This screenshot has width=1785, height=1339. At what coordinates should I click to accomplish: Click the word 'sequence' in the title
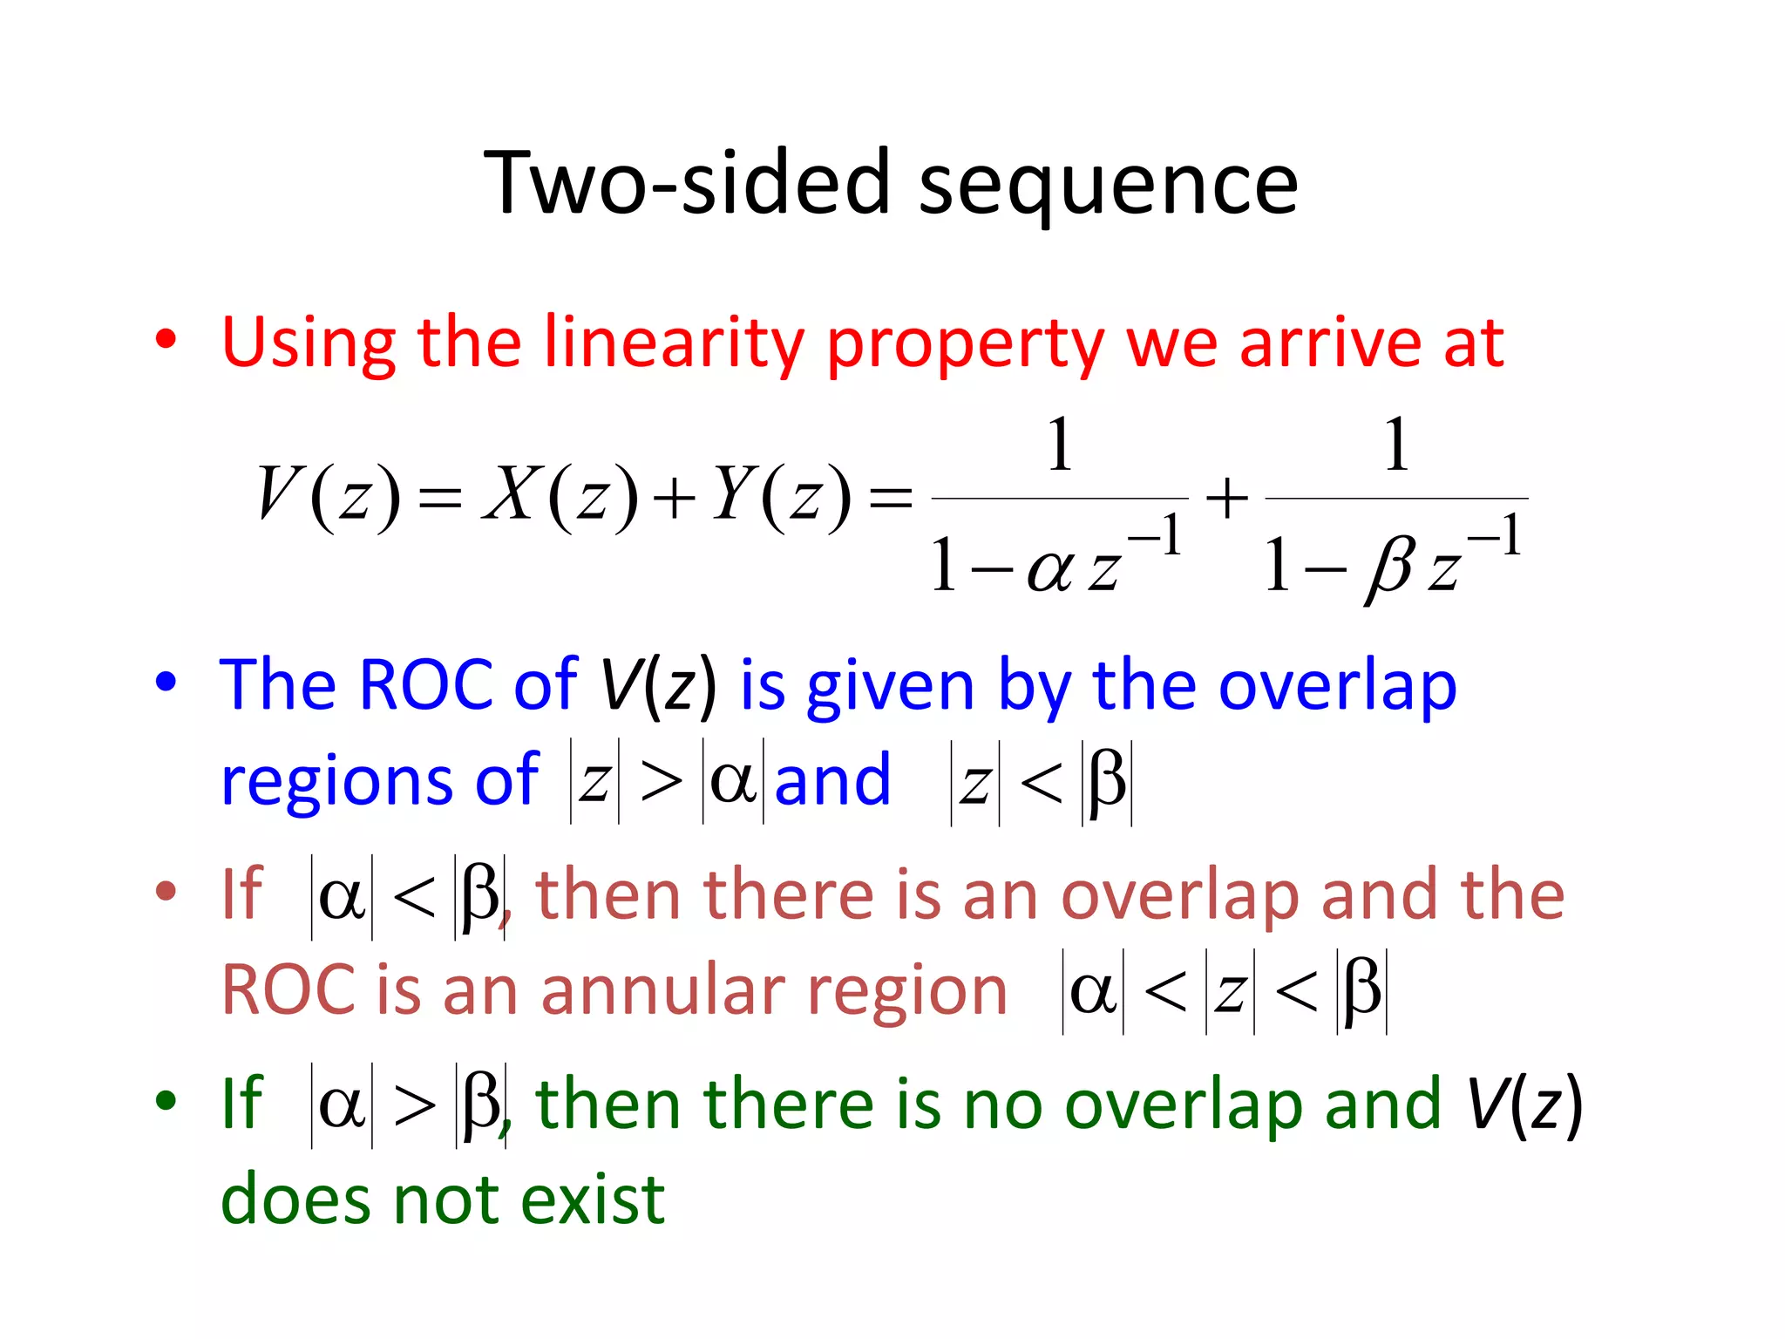point(1108,184)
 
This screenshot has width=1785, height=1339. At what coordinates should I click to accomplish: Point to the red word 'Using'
point(309,343)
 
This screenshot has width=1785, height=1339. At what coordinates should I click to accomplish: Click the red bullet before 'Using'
point(166,339)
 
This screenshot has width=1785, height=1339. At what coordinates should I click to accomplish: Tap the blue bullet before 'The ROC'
point(166,682)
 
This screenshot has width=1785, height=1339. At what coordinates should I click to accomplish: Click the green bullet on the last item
point(166,1100)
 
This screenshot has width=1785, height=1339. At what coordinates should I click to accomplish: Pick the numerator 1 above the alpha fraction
point(1059,445)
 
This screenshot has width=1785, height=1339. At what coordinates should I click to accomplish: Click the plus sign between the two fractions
point(1226,499)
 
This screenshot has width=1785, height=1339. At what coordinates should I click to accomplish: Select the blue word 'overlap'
point(1337,685)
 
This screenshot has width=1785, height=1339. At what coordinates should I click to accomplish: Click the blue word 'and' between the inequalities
point(832,779)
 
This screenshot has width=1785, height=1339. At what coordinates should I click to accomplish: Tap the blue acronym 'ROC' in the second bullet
point(425,685)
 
